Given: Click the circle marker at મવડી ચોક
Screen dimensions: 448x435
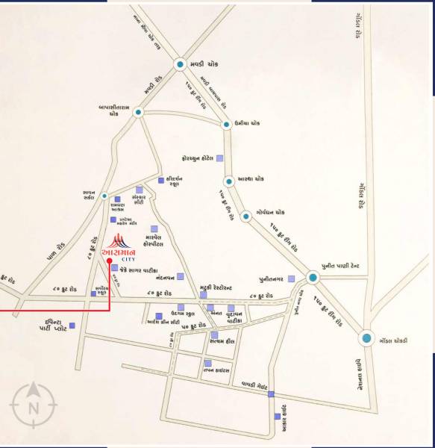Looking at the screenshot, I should tap(180, 65).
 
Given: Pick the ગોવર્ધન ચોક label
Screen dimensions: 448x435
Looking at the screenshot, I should tap(272, 212).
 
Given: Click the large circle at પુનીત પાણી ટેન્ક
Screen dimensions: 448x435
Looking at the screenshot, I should tap(313, 277).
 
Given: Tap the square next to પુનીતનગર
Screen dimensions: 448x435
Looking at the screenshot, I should tap(292, 278).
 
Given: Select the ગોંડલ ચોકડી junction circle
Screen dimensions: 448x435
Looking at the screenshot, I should tap(366, 339).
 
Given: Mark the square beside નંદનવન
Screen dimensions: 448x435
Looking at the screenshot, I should tap(181, 277).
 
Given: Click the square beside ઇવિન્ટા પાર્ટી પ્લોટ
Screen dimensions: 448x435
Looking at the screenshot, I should tap(72, 326).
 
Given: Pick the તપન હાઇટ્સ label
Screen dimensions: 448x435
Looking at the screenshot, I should tap(222, 370).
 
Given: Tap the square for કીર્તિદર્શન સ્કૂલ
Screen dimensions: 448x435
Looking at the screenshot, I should tap(160, 181).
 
